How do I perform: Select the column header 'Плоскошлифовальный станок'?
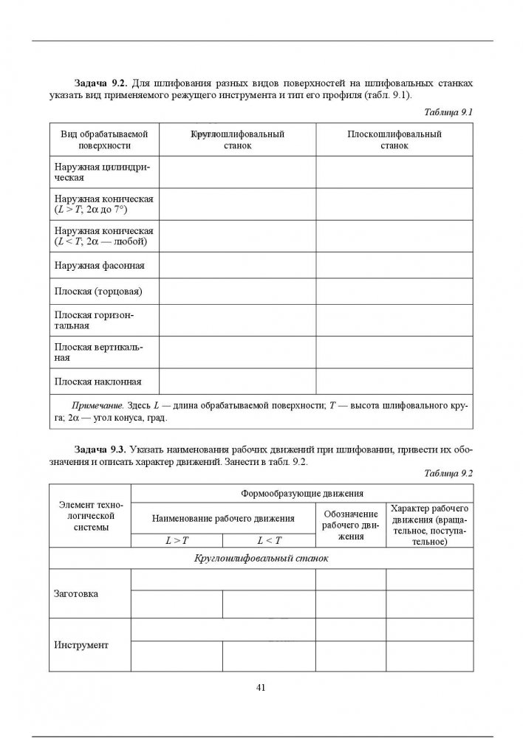tap(394, 140)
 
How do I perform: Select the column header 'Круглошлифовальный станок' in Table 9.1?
tap(237, 140)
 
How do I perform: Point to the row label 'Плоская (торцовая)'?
tap(98, 291)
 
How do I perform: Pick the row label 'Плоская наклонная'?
tap(98, 382)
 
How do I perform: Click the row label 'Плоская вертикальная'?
tap(99, 352)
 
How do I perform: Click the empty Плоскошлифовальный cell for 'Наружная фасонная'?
tap(394, 264)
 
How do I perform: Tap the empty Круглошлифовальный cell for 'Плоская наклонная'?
tap(237, 382)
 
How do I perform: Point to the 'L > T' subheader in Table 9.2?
tap(177, 541)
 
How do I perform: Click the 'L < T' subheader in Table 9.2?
tap(269, 541)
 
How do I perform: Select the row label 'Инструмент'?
tap(81, 645)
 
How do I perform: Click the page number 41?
tap(261, 687)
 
